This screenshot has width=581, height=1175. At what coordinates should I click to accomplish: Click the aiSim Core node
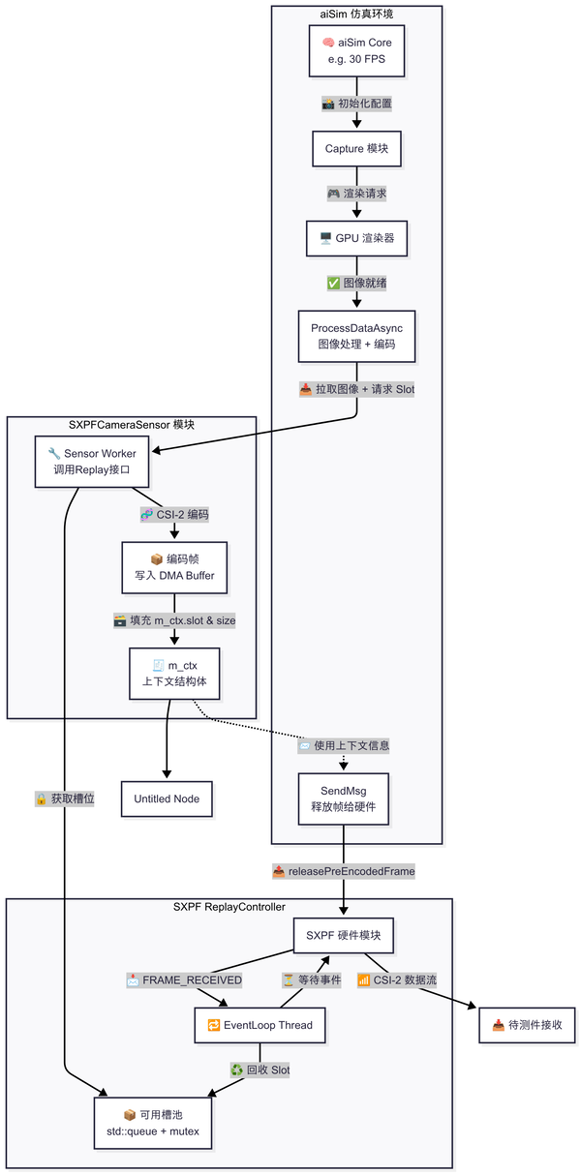click(x=356, y=51)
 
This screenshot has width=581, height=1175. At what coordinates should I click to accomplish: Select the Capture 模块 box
click(x=356, y=148)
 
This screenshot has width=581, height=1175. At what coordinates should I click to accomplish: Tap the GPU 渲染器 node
click(x=356, y=237)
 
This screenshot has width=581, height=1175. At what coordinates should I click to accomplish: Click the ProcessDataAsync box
click(x=356, y=336)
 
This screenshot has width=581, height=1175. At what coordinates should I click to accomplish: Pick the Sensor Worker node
click(x=92, y=462)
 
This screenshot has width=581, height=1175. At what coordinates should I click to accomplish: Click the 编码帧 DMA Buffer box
click(x=174, y=568)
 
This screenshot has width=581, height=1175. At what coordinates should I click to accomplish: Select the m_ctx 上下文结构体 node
click(x=174, y=674)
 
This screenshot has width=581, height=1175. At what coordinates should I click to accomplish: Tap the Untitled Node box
click(x=167, y=798)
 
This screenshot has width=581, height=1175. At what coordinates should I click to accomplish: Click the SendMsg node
click(x=343, y=798)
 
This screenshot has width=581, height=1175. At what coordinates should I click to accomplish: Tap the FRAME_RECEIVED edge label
click(x=184, y=979)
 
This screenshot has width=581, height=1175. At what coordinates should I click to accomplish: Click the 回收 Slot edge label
click(x=260, y=1070)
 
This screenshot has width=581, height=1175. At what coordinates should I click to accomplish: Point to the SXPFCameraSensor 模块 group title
click(x=132, y=425)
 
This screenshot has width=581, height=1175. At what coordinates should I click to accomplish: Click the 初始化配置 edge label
click(x=356, y=103)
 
